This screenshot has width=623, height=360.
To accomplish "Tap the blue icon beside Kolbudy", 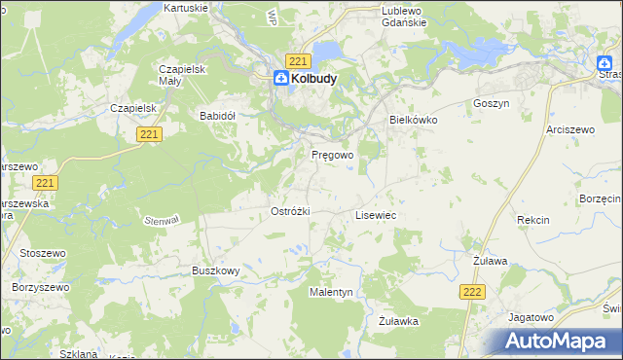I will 280,80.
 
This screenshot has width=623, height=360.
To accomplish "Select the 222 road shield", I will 471,292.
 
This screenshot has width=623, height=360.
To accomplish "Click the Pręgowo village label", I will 332,155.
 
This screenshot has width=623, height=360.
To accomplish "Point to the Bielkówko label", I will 414,119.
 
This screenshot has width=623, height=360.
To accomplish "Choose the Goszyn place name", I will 491,103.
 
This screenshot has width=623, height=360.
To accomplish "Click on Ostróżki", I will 290,211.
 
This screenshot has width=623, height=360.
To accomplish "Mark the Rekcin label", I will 533,220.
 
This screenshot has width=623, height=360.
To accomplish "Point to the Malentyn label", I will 331,291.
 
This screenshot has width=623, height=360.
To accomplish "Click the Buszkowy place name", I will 215,270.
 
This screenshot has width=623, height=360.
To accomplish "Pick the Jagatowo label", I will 531,316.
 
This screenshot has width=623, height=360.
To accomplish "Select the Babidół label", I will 218,115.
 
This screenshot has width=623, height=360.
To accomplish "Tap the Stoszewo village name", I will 40,254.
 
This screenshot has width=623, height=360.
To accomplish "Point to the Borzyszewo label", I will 39,288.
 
